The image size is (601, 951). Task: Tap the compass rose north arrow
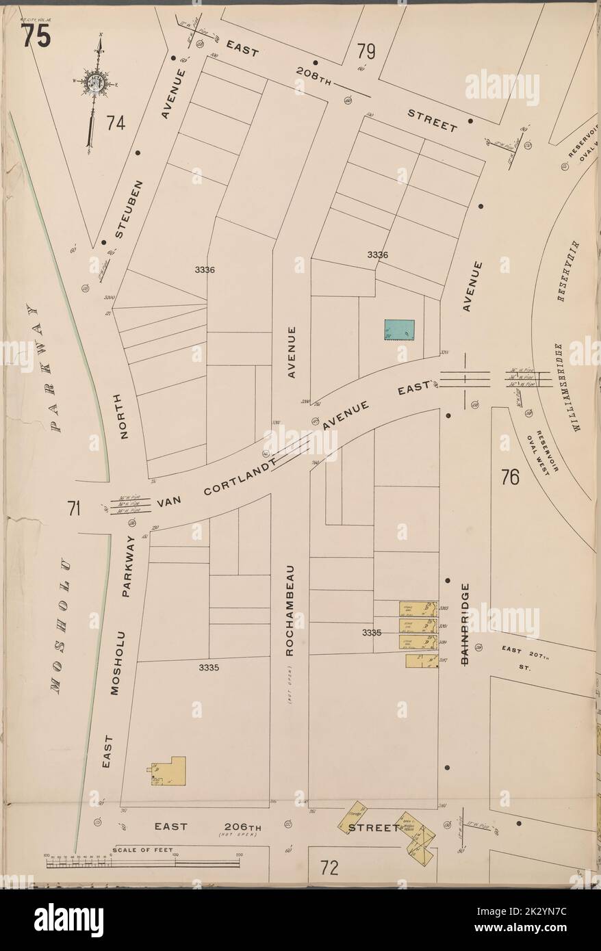click(x=97, y=82)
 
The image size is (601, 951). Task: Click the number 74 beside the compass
click(x=116, y=123)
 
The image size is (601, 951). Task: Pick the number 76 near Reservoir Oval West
click(x=510, y=476)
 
